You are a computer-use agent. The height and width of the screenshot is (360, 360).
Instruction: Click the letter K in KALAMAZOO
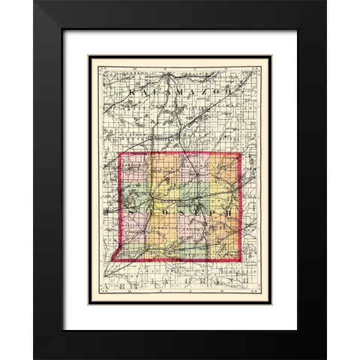click(x=133, y=91)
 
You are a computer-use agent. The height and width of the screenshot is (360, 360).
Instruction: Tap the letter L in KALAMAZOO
click(x=152, y=91)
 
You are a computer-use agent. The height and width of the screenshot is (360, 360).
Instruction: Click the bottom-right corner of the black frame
click(x=326, y=358)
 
